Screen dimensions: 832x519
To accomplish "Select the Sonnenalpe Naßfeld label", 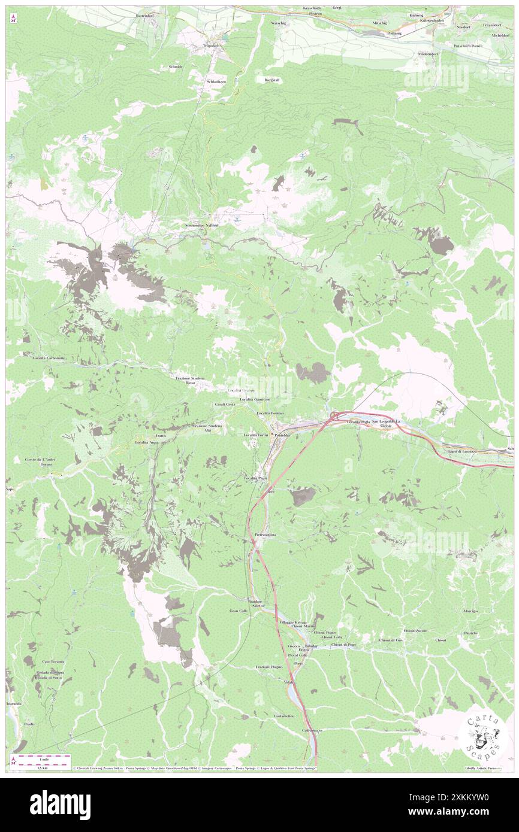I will pos(201,225).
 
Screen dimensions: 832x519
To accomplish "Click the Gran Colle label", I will pos(238,611).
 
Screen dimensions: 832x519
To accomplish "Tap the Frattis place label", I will pos(160,436).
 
